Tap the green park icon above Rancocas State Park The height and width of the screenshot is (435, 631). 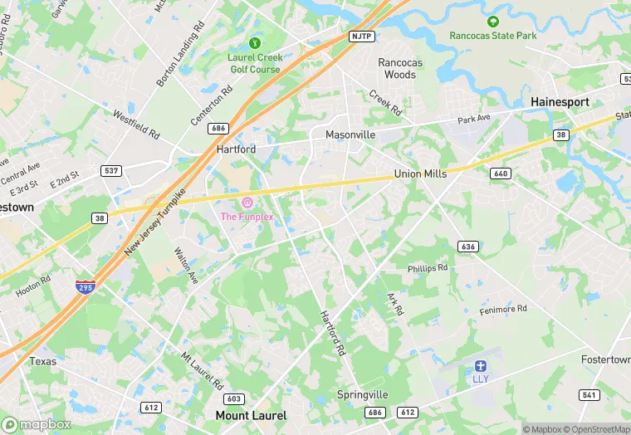pos(492,21)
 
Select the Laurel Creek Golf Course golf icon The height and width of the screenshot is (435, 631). pos(255,42)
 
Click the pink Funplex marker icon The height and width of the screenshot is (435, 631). pos(246,203)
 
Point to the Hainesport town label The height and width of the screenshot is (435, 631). pos(560,102)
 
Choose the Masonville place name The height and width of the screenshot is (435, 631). pos(350,134)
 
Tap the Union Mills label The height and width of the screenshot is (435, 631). pos(420,174)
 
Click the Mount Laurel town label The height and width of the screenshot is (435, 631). pos(251,415)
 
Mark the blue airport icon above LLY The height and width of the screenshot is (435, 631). pos(480,366)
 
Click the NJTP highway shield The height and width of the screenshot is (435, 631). pos(361,37)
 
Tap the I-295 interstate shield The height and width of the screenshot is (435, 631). pos(85,287)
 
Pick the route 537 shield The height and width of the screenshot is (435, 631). pos(112,170)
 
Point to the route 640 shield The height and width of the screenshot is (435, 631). pos(501,173)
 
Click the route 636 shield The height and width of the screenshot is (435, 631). pos(467,246)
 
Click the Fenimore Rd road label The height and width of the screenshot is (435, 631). pos(503,310)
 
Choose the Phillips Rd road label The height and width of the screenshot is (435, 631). pos(428,268)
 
